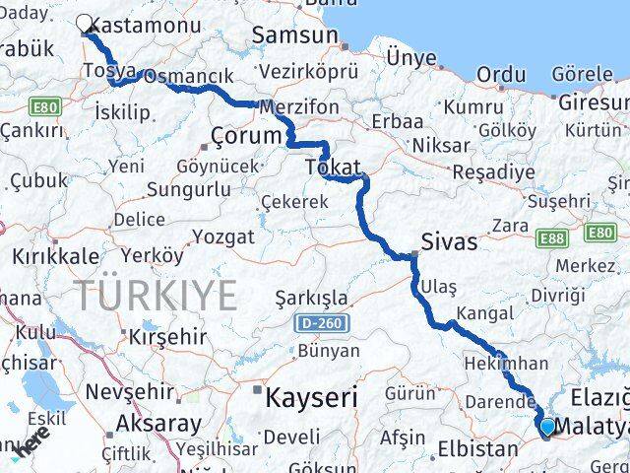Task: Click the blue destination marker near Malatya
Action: (547, 427)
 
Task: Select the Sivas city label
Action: (448, 241)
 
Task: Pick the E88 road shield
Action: (551, 237)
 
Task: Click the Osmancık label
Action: (188, 77)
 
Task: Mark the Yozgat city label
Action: (222, 236)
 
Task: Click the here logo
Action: (32, 445)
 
